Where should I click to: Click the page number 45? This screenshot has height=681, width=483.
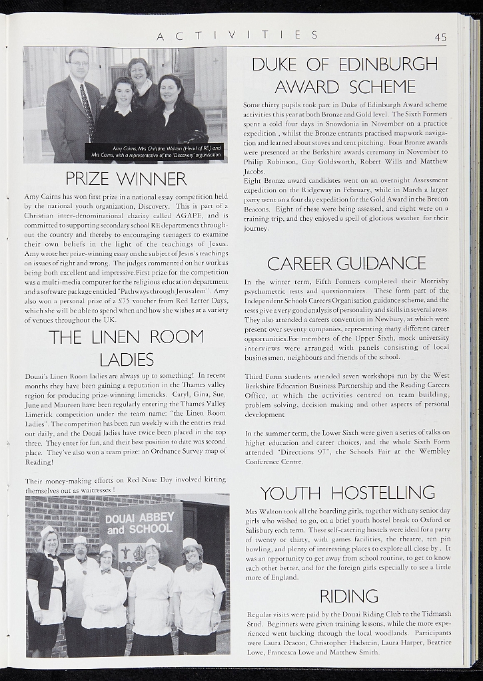click(x=440, y=38)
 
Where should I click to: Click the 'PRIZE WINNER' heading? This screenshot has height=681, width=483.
click(x=126, y=179)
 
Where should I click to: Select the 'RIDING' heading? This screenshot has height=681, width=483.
click(x=348, y=595)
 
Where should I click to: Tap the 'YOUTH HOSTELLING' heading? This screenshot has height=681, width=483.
click(x=347, y=493)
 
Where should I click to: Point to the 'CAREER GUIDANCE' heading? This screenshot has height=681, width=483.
click(x=346, y=263)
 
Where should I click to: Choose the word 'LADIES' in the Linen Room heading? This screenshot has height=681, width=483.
click(x=127, y=360)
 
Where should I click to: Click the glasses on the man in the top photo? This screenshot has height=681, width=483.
click(x=79, y=63)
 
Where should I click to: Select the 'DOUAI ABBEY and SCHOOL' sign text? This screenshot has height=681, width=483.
click(x=139, y=523)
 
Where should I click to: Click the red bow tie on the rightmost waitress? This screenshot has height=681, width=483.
click(x=193, y=567)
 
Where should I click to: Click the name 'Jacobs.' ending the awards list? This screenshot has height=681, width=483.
click(x=254, y=171)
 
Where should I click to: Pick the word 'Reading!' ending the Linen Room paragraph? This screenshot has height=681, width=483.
click(x=39, y=462)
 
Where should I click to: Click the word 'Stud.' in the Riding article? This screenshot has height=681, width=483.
click(x=256, y=624)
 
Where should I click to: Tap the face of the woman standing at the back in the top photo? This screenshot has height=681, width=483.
click(x=140, y=70)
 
